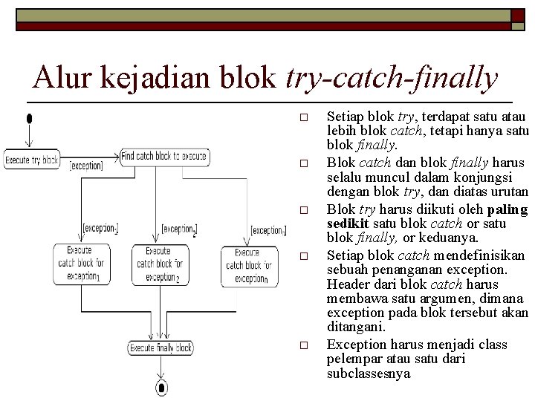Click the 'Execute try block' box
pos(31,160)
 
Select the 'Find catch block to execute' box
pos(163,156)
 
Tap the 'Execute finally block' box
pos(161,348)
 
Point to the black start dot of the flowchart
pos(29,118)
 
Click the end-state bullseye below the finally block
pos(161,386)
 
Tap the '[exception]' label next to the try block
pos(86,166)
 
